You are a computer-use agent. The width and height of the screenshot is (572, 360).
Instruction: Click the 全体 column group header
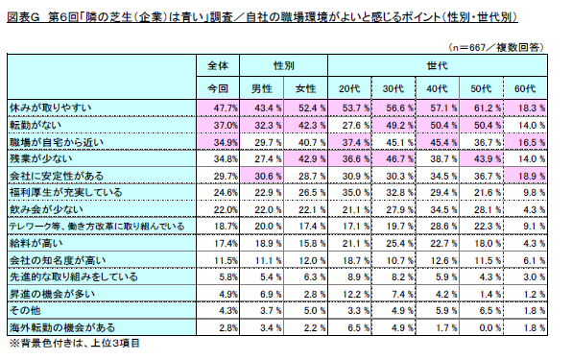click(x=218, y=65)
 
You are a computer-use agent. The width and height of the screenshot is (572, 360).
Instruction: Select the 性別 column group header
click(x=283, y=65)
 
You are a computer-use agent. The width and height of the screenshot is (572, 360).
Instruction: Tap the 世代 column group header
click(x=437, y=65)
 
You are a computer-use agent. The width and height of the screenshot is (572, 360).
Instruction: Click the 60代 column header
click(x=525, y=88)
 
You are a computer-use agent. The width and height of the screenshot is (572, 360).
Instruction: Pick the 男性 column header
click(x=262, y=88)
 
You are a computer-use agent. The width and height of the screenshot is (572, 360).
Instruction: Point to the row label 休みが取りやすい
click(x=50, y=108)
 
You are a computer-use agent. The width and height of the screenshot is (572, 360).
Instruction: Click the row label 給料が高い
click(x=36, y=243)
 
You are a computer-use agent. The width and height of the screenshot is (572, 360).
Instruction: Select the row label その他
click(x=25, y=311)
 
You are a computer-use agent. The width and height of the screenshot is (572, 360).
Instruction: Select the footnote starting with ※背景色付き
click(x=75, y=344)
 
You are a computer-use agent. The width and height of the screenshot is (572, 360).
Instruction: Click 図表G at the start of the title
click(x=23, y=17)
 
